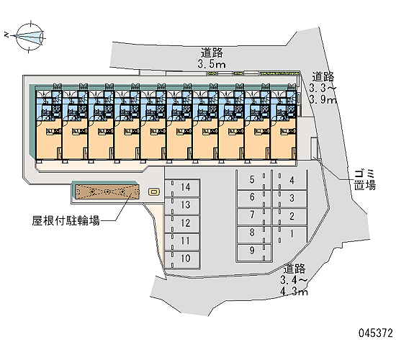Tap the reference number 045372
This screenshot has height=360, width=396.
tap(376, 333)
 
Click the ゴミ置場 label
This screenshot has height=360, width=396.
tap(364, 180)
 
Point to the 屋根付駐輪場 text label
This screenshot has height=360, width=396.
tap(66, 220)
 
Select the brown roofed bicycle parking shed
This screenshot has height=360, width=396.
tap(107, 192)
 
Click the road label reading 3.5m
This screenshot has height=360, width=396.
tap(212, 58)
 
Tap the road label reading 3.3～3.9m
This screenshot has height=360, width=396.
tap(323, 88)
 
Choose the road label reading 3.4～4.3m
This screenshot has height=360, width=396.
tap(294, 280)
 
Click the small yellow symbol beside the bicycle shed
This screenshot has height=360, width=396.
tap(154, 192)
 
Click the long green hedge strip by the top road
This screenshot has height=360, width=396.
tap(279, 73)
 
